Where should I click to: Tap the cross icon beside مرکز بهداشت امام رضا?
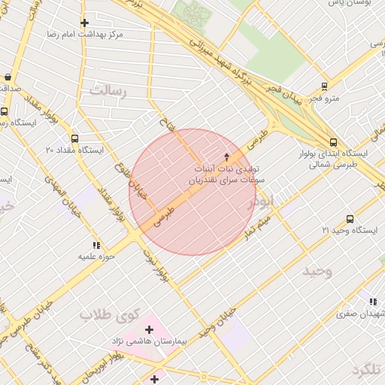click(x=84, y=23)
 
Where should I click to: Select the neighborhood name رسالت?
click(x=109, y=90)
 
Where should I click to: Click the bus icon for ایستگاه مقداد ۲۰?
click(x=74, y=138)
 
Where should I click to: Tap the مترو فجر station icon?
click(x=324, y=86)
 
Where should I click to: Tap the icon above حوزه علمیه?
click(x=95, y=245)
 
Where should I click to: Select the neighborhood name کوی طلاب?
click(x=106, y=314)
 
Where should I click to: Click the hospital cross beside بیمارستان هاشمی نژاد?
click(x=149, y=329)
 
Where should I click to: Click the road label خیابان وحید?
click(x=214, y=324)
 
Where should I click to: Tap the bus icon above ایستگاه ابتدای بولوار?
click(x=333, y=141)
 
